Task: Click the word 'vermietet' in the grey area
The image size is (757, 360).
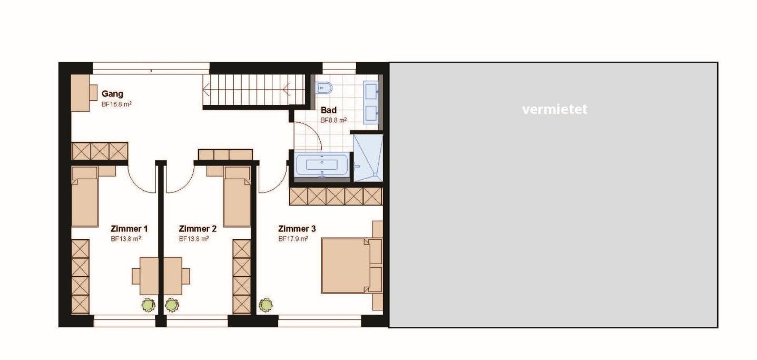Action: pyautogui.click(x=555, y=110)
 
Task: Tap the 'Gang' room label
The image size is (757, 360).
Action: pyautogui.click(x=112, y=94)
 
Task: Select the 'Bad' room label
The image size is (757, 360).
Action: pyautogui.click(x=329, y=110)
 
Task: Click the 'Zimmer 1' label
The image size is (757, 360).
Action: pyautogui.click(x=129, y=229)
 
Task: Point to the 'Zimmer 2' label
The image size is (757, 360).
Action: pyautogui.click(x=198, y=229)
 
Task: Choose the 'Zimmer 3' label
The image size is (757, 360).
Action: pyautogui.click(x=297, y=229)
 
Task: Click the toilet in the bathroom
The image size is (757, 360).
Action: pyautogui.click(x=324, y=88)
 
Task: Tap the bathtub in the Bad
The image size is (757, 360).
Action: pyautogui.click(x=321, y=164)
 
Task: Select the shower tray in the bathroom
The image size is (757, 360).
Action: pyautogui.click(x=368, y=158)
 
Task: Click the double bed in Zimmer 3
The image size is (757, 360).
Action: pyautogui.click(x=351, y=265)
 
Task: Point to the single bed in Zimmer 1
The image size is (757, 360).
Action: pyautogui.click(x=85, y=197)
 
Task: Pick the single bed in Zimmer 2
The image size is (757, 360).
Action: pyautogui.click(x=237, y=197)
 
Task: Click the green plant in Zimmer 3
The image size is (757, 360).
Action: pyautogui.click(x=266, y=305)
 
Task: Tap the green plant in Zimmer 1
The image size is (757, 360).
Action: pyautogui.click(x=149, y=305)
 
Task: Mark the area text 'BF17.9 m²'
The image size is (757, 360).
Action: pyautogui.click(x=293, y=239)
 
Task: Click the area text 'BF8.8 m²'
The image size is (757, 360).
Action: pyautogui.click(x=333, y=120)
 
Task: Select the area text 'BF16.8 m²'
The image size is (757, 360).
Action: pyautogui.click(x=116, y=104)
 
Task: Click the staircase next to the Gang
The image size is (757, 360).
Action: pyautogui.click(x=254, y=90)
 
